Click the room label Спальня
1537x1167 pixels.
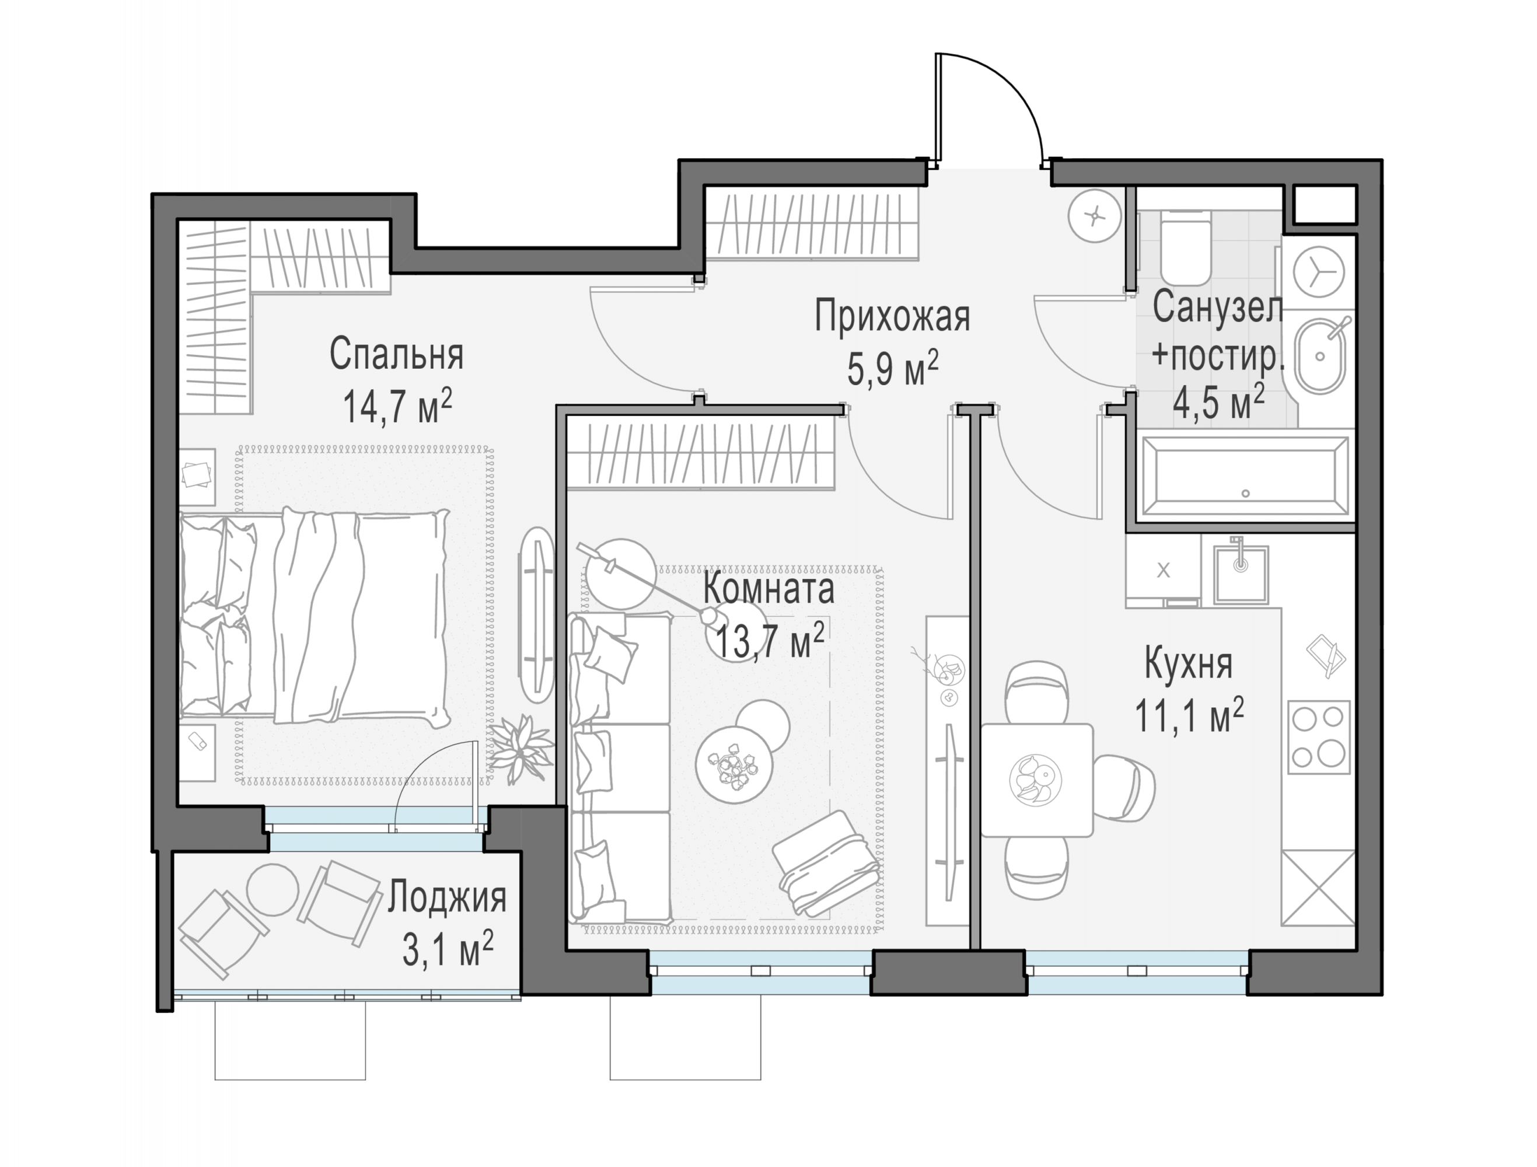[x=396, y=354]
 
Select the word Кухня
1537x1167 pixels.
[x=1188, y=663]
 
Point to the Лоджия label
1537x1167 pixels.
[x=447, y=897]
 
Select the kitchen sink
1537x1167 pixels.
[x=1241, y=574]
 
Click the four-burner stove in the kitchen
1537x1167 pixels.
[x=1318, y=737]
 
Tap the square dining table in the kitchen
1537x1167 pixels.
[x=1037, y=780]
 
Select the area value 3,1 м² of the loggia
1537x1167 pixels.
[x=448, y=949]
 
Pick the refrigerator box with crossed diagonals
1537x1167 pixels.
[x=1318, y=888]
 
